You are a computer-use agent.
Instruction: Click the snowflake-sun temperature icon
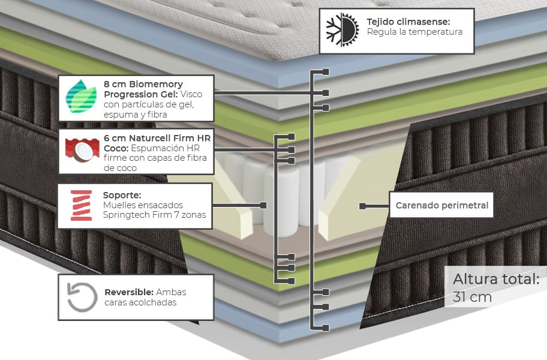click(341, 30)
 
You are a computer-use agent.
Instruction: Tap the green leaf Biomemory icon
click(80, 97)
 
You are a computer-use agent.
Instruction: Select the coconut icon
click(82, 150)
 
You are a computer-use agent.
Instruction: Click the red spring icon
click(81, 205)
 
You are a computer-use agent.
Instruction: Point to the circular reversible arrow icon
click(82, 297)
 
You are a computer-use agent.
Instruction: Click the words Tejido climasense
click(408, 22)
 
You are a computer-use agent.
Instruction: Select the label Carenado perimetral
click(442, 206)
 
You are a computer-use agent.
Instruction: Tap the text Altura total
click(496, 279)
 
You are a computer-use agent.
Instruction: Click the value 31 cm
click(473, 296)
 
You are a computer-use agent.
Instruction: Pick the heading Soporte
click(122, 195)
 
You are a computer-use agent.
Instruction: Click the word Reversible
click(128, 292)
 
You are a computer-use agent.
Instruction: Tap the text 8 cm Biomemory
click(143, 84)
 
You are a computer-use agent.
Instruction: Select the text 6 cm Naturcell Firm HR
click(157, 137)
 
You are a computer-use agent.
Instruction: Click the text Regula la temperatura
click(414, 32)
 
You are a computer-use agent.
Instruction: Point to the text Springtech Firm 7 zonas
click(154, 215)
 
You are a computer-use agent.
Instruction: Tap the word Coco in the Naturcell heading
click(115, 148)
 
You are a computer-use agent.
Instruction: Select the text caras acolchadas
click(141, 302)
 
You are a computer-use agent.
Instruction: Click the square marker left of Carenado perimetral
click(362, 206)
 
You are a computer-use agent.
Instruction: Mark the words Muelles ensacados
click(143, 205)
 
